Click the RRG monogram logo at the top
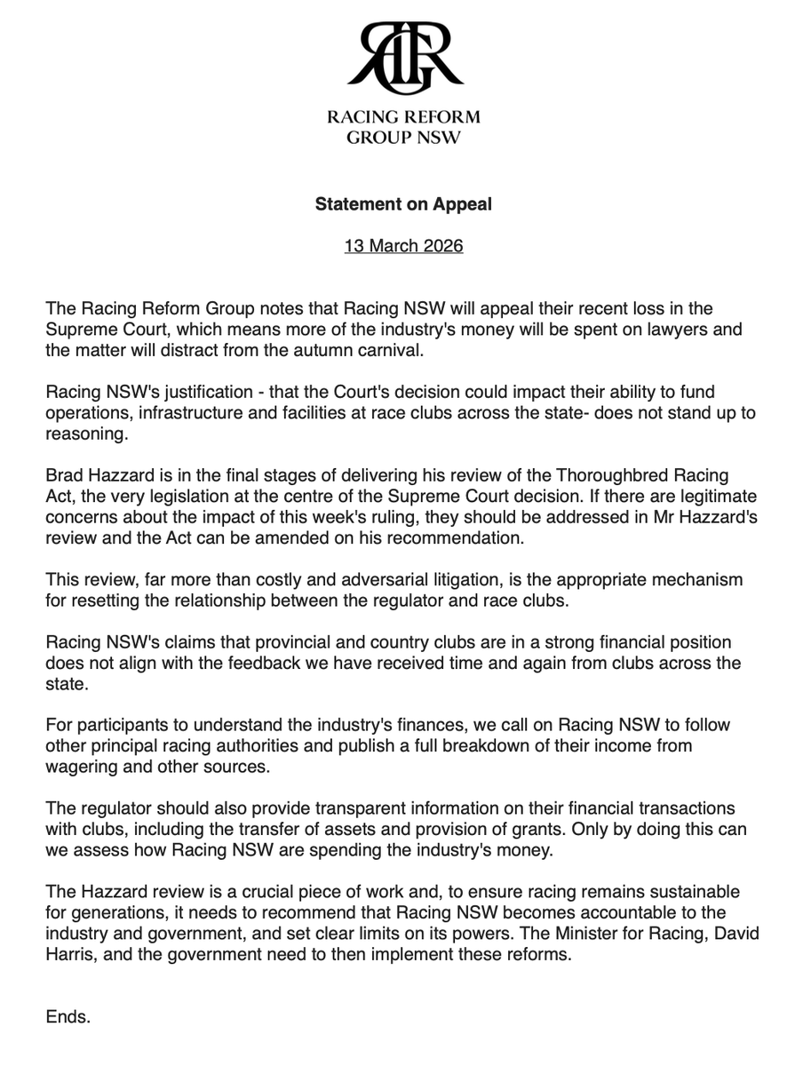click(x=404, y=59)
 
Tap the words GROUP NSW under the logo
click(x=404, y=138)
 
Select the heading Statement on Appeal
click(x=404, y=204)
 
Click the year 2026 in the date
click(x=441, y=246)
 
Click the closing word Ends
click(x=68, y=1017)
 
